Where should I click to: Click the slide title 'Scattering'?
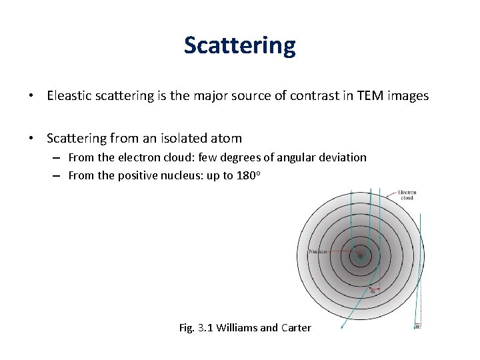pyautogui.click(x=239, y=45)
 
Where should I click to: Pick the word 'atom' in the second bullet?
pyautogui.click(x=227, y=139)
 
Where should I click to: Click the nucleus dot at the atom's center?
pyautogui.click(x=360, y=255)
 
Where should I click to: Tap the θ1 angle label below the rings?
pyautogui.click(x=373, y=291)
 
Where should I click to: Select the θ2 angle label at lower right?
pyautogui.click(x=418, y=326)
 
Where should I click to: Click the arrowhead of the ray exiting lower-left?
pyautogui.click(x=342, y=327)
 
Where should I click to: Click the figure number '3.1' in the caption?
pyautogui.click(x=205, y=328)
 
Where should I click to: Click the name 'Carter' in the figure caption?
pyautogui.click(x=295, y=328)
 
